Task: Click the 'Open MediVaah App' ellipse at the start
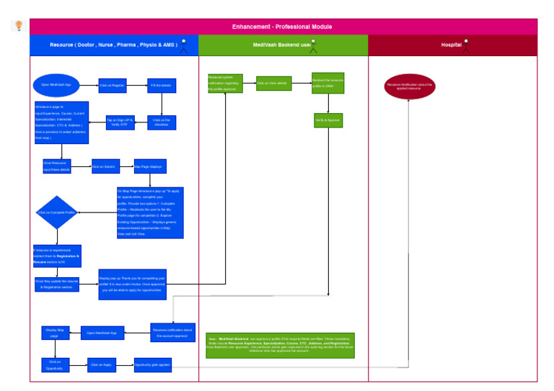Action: [56, 85]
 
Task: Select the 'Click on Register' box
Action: [113, 86]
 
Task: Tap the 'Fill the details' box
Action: [162, 86]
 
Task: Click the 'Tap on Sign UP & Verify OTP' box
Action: [120, 122]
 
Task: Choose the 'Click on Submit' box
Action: [105, 167]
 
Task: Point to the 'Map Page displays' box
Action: [150, 166]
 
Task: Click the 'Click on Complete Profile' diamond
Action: [56, 212]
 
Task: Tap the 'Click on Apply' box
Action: [102, 365]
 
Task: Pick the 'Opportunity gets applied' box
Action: [152, 365]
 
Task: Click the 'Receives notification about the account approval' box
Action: [172, 332]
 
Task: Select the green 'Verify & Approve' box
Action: [328, 120]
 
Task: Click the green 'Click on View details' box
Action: [273, 84]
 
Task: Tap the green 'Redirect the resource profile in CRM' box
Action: [327, 83]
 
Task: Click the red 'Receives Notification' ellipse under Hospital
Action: [410, 86]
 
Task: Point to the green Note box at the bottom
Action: [280, 345]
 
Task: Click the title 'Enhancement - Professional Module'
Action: [282, 27]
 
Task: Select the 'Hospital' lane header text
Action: [452, 45]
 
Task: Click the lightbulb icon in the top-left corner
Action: [19, 26]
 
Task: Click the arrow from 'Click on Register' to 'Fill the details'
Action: [137, 86]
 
